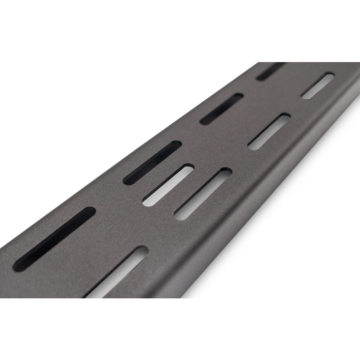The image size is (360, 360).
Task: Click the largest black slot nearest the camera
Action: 54,239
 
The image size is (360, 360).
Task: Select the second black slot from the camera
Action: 152,163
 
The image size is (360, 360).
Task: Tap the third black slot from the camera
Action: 221,109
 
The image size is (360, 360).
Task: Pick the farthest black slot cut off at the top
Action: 270,71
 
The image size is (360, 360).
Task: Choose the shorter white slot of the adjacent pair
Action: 168,185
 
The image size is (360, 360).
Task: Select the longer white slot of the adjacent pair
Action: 203,194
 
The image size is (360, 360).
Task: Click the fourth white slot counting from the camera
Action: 269,132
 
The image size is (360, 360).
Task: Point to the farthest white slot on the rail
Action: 317,85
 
